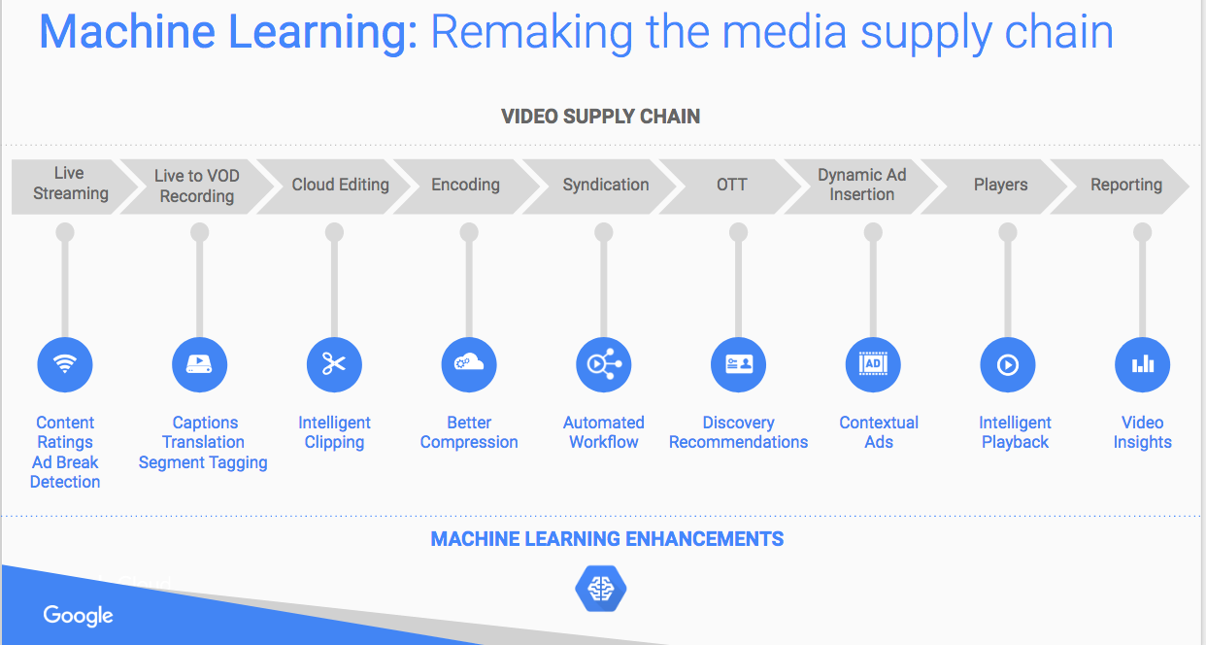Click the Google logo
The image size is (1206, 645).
click(78, 615)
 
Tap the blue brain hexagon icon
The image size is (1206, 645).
click(601, 589)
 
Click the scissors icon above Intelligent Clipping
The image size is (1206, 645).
click(334, 364)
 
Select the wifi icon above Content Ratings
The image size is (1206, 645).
click(65, 364)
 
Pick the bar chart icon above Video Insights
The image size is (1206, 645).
click(1142, 364)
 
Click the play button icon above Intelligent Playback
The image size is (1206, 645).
click(1008, 364)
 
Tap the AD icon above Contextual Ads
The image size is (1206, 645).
click(873, 364)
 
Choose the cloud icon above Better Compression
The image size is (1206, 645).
click(469, 364)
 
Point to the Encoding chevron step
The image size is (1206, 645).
click(466, 185)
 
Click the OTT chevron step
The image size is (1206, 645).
click(732, 185)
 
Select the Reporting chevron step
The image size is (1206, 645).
click(1125, 185)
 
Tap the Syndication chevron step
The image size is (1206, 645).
click(606, 185)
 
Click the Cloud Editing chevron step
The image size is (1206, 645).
click(340, 185)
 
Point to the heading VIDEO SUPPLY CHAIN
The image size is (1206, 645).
click(600, 117)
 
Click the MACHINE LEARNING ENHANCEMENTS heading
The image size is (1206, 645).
click(607, 538)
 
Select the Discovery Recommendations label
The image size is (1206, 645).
click(738, 432)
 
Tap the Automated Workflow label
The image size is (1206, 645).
click(604, 432)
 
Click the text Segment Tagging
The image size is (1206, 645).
click(203, 462)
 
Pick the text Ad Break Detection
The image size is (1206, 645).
click(65, 472)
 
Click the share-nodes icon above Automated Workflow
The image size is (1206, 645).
click(604, 364)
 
